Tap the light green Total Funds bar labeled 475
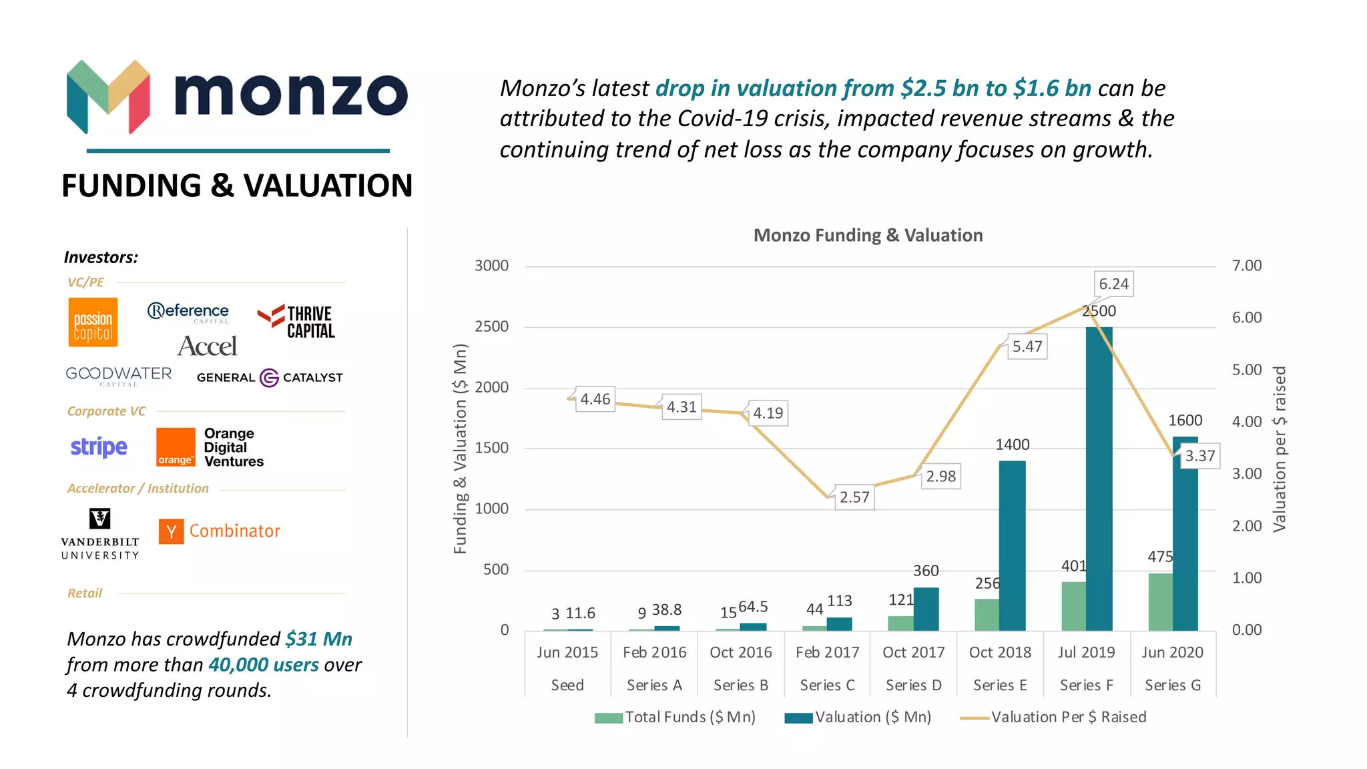(1160, 601)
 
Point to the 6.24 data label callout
(1113, 284)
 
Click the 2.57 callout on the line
(854, 497)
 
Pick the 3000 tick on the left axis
(491, 266)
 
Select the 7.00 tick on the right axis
(1246, 266)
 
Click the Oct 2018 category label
(1000, 652)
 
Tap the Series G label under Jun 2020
(1172, 685)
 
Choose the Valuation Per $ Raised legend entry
(1068, 717)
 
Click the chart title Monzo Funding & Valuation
(868, 236)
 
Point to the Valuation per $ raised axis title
(1279, 449)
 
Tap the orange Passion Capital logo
(93, 322)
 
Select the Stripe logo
(99, 447)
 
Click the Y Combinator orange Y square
(172, 531)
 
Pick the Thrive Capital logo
(296, 322)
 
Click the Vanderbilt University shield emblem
(100, 518)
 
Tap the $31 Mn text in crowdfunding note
(318, 639)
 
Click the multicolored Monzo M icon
(109, 96)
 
